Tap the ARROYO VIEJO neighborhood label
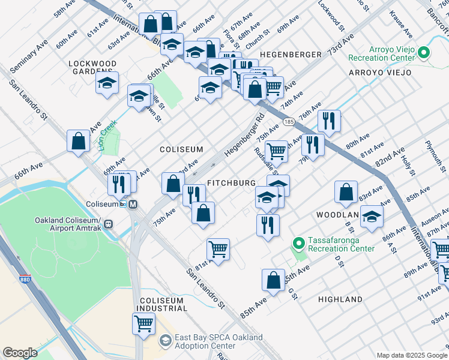pyautogui.click(x=381, y=73)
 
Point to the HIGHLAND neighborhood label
pyautogui.click(x=340, y=299)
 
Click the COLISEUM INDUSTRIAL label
pyautogui.click(x=163, y=304)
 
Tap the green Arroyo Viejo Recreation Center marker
pyautogui.click(x=423, y=53)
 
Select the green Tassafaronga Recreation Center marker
pyautogui.click(x=298, y=244)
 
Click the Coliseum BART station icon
pyautogui.click(x=133, y=204)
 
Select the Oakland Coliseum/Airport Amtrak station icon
pyautogui.click(x=108, y=224)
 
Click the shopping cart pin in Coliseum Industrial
pyautogui.click(x=143, y=323)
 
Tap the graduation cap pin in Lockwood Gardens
pyautogui.click(x=107, y=83)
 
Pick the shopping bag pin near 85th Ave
pyautogui.click(x=273, y=280)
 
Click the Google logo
pyautogui.click(x=20, y=353)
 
